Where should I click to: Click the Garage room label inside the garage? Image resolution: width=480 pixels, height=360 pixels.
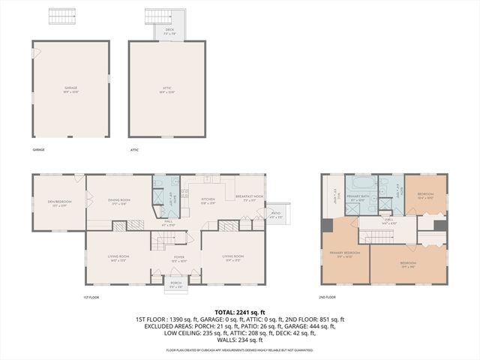(70, 89)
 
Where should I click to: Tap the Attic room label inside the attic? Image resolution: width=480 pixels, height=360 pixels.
(166, 89)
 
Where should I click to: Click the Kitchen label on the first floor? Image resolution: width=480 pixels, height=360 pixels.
(208, 200)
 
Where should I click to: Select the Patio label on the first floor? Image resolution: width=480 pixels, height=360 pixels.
(275, 212)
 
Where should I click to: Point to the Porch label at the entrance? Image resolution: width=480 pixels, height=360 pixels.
(175, 286)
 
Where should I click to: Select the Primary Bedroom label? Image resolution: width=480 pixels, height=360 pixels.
(345, 253)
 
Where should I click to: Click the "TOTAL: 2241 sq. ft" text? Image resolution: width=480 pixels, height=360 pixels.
(239, 311)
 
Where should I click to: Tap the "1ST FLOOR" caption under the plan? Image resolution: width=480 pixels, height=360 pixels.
(91, 298)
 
